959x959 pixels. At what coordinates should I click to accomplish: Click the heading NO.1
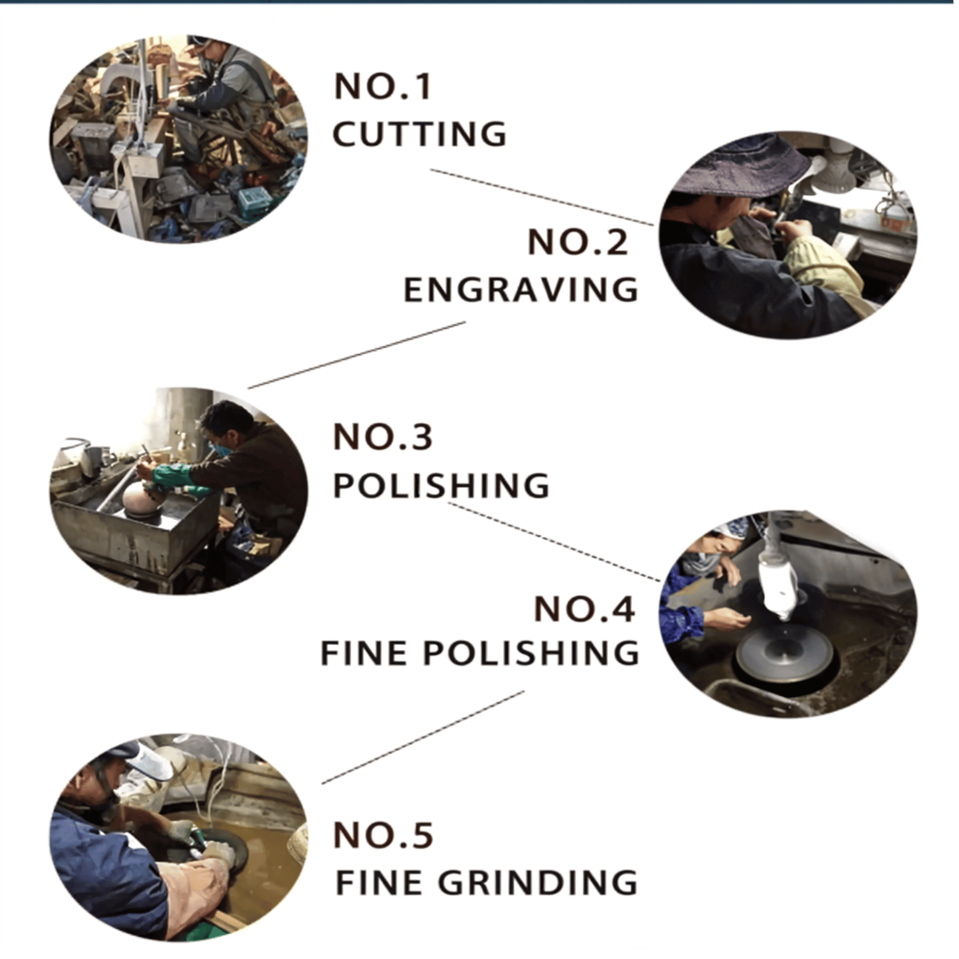coord(383,86)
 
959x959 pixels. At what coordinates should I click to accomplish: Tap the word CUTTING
coord(419,134)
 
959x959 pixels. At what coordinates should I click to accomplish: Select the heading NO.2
coord(578,242)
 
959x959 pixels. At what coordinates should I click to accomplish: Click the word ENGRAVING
coord(521,290)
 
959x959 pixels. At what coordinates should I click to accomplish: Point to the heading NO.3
coord(383,437)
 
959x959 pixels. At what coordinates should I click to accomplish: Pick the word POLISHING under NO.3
coord(441,485)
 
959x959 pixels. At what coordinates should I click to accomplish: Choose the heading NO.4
coord(584,609)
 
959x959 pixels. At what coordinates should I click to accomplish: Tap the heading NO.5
coord(384,835)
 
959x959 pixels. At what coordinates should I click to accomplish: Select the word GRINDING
coord(538,883)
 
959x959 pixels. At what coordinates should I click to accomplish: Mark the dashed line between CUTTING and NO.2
coord(542,197)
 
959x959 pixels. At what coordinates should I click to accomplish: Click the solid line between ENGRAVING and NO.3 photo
coord(357,355)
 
